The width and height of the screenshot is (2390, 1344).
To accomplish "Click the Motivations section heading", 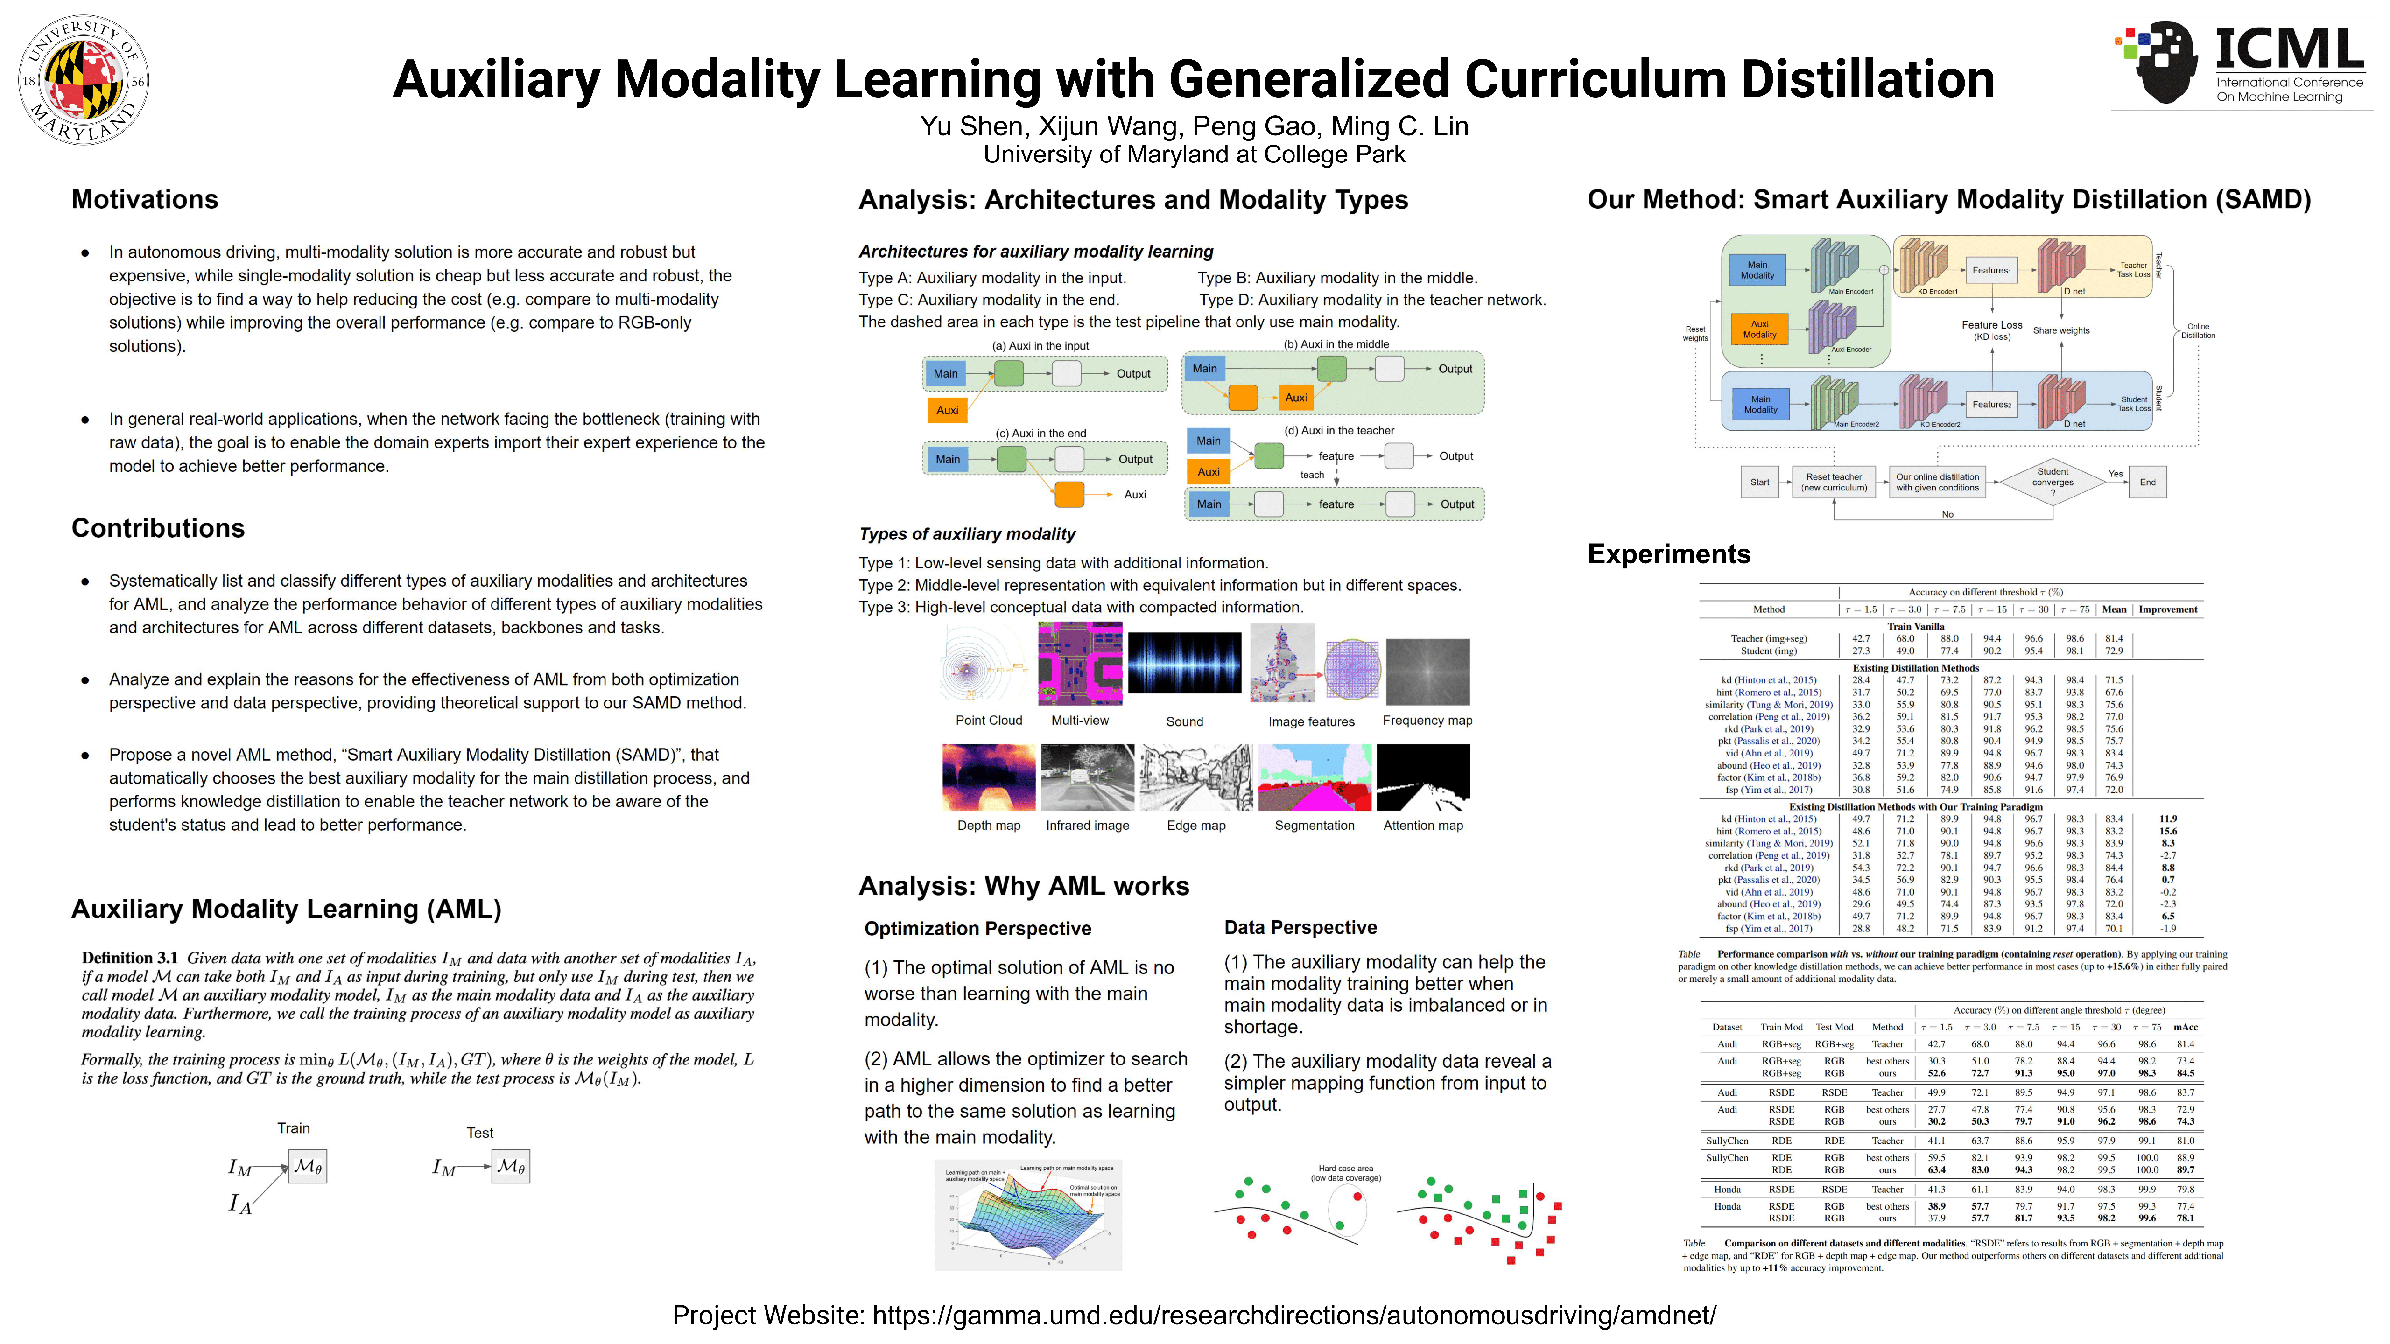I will [145, 199].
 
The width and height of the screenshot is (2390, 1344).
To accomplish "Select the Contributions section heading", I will [158, 528].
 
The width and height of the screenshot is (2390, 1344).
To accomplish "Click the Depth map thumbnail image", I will [988, 777].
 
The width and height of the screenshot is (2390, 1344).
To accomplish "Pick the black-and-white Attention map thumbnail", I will [1423, 777].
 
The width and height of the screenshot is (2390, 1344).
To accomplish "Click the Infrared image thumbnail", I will [1087, 777].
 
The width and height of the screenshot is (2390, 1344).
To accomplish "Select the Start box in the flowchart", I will [1759, 483].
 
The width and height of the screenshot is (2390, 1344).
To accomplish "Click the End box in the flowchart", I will [2147, 483].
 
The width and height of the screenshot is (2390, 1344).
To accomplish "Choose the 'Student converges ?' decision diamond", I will [2053, 483].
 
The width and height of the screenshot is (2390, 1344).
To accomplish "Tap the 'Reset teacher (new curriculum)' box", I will [1833, 483].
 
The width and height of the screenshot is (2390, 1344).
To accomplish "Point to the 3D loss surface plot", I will [1028, 1215].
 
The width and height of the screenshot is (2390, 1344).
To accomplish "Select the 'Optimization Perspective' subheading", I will [977, 929].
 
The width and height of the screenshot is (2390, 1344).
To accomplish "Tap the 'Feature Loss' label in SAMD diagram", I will [1991, 326].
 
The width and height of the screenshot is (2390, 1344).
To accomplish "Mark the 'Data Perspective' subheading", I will [1300, 928].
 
